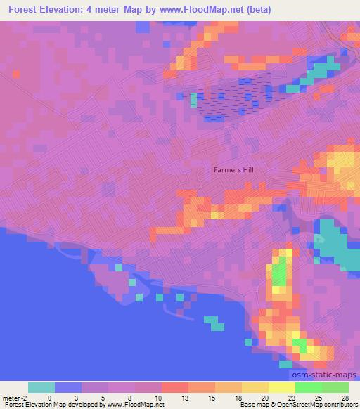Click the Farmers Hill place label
point(233,169)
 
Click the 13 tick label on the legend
point(187,397)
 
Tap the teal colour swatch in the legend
point(41,387)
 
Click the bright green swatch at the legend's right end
point(335,387)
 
